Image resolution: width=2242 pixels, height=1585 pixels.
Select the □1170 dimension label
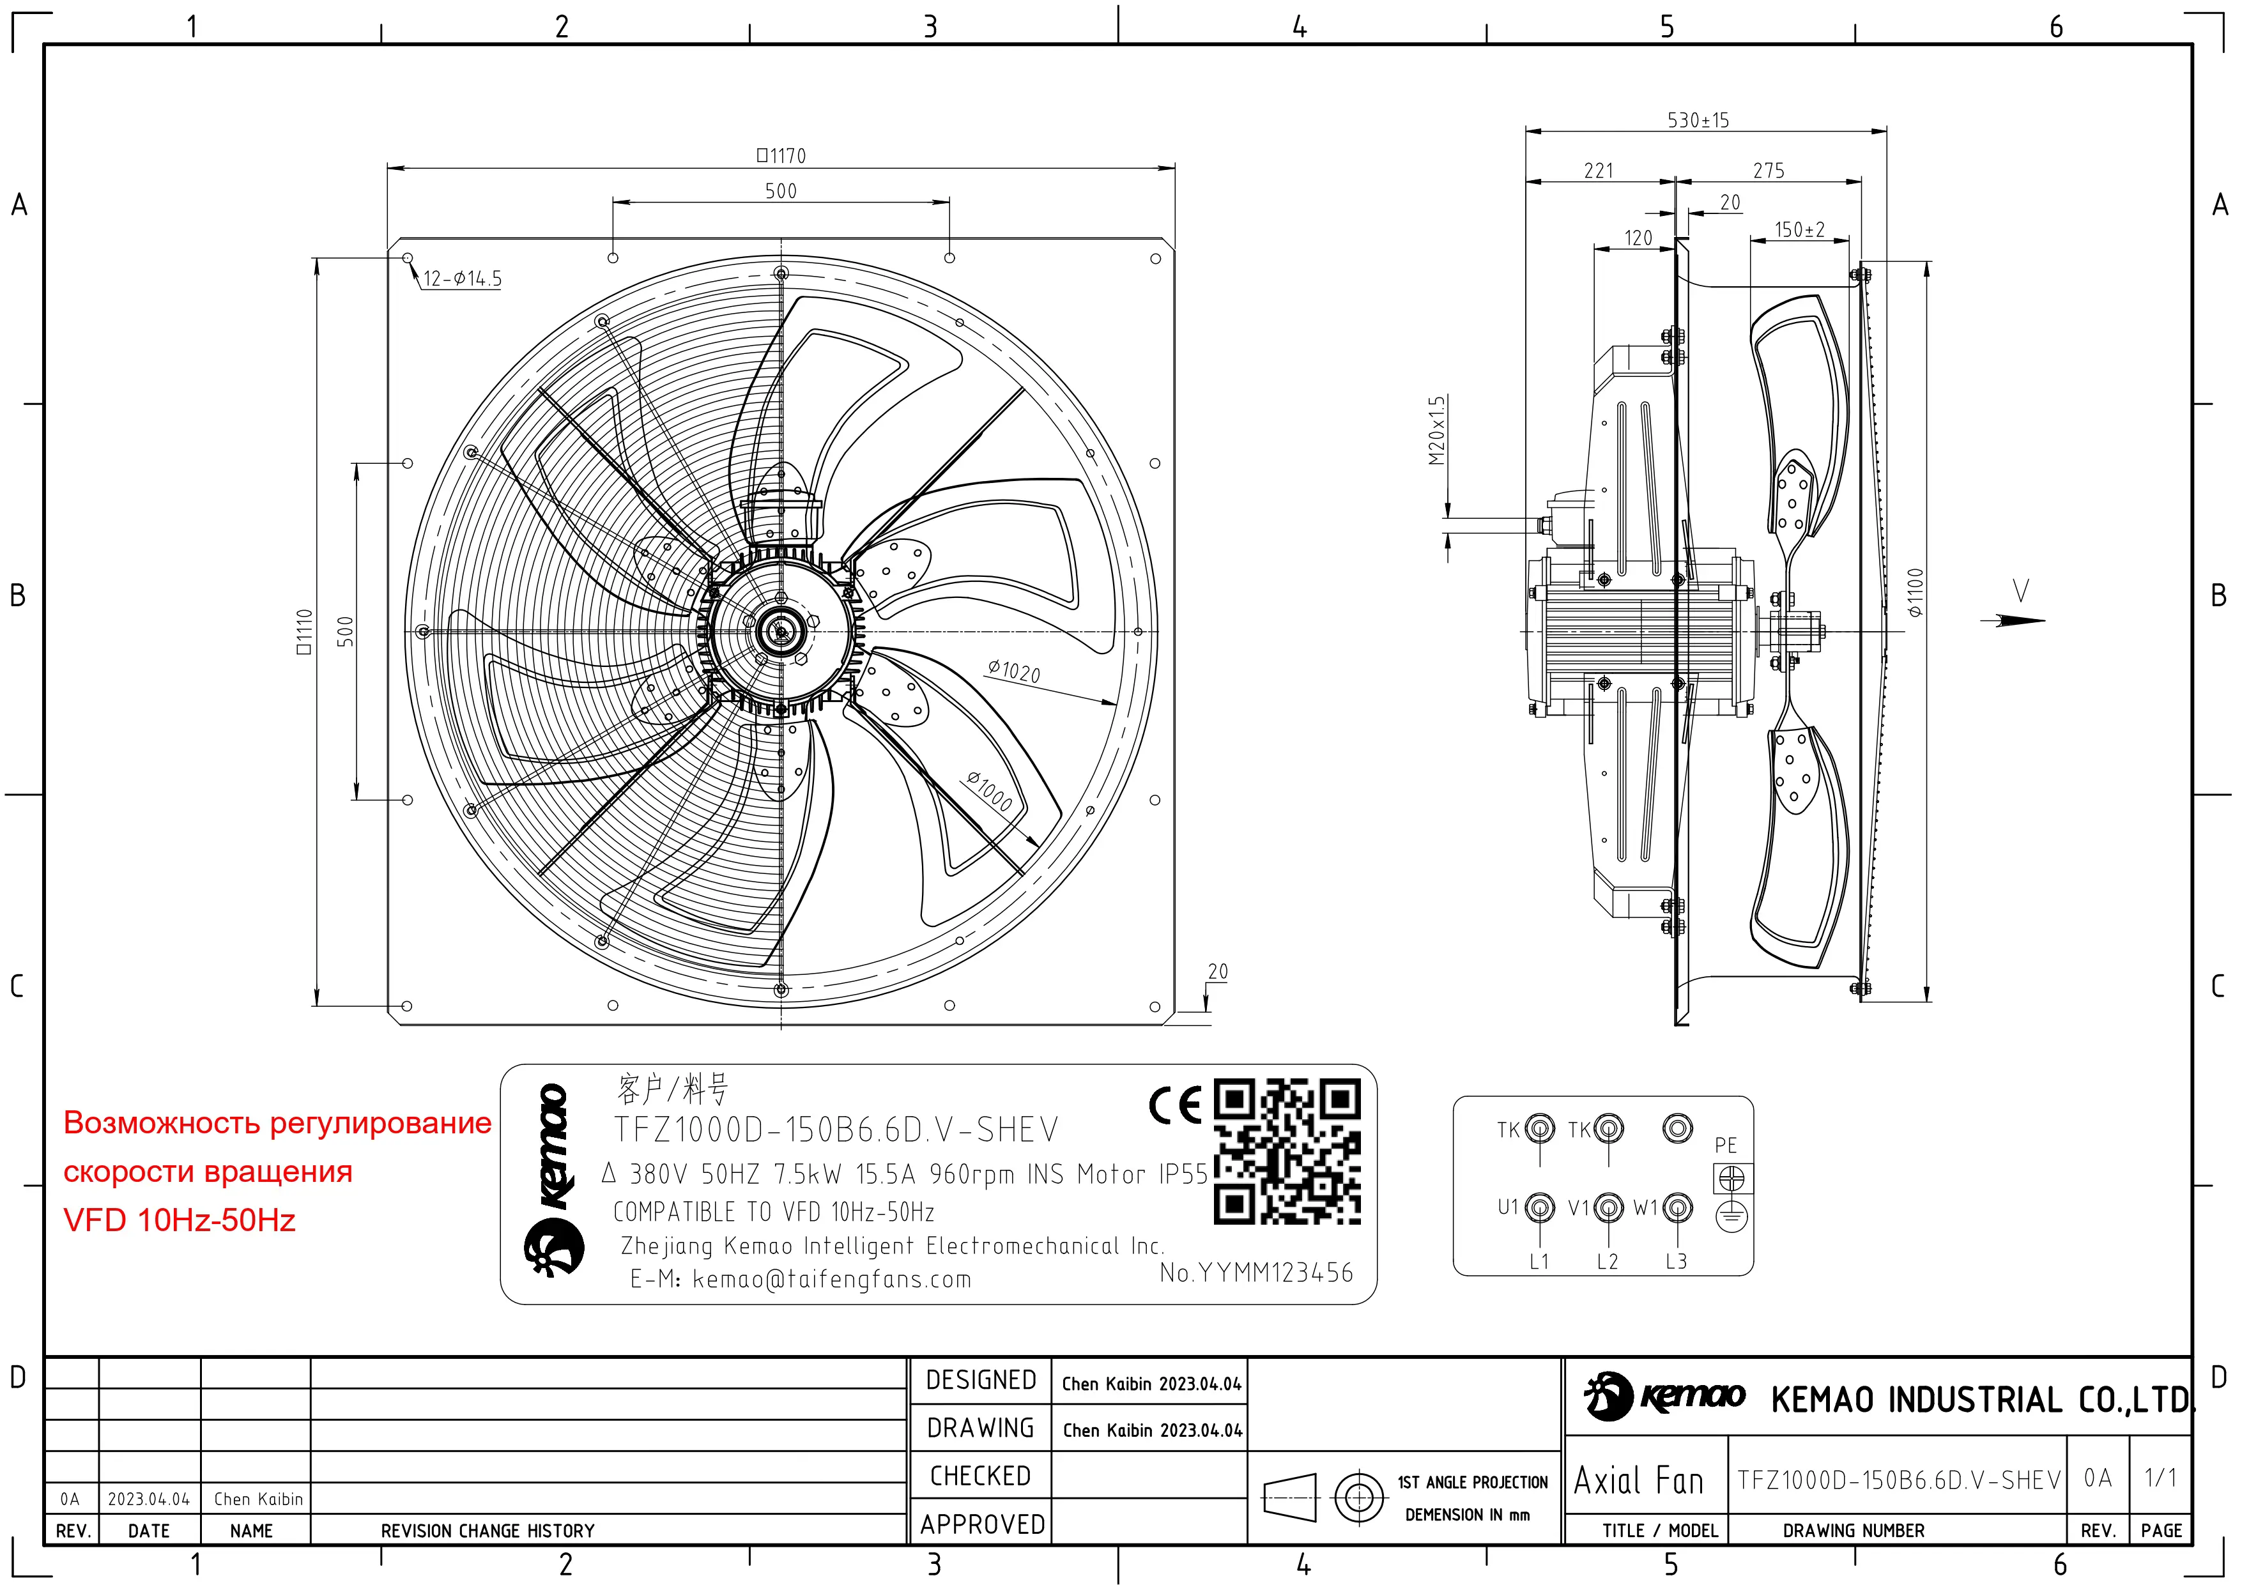[781, 155]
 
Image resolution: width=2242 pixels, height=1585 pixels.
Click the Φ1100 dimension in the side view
[1915, 592]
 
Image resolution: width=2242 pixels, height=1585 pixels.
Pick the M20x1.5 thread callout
[1436, 431]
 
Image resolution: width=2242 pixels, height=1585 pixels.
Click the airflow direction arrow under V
[2013, 620]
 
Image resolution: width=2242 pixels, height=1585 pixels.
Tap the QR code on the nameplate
[1287, 1151]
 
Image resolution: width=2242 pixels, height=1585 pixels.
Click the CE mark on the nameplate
[1176, 1105]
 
